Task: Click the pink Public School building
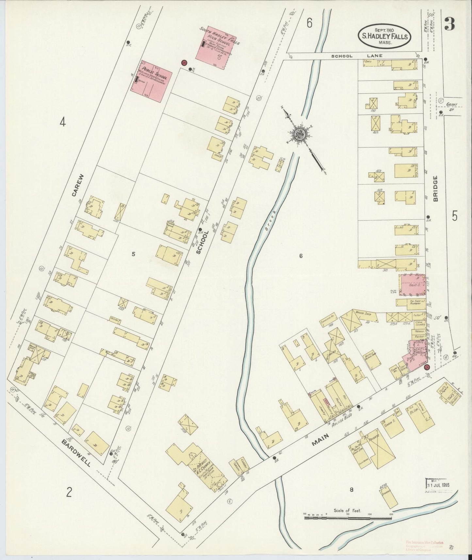pyautogui.click(x=151, y=81)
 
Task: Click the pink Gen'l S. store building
pyautogui.click(x=412, y=285)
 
